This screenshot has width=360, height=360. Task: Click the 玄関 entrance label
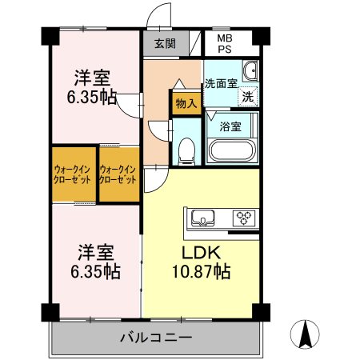coord(166,43)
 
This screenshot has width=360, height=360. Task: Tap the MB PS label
coord(225,44)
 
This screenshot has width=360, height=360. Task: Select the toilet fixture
coord(186,150)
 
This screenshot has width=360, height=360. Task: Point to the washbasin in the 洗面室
coord(250,70)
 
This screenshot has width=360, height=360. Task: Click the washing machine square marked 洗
coord(248,97)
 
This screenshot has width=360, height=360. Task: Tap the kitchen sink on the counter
coord(203,218)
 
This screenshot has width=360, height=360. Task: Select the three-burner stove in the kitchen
coord(244,218)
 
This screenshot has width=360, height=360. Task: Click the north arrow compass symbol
coord(305,334)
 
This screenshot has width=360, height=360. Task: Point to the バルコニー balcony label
coord(156,338)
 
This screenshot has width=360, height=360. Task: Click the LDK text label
coord(201,253)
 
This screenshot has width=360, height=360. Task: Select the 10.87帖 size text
coord(202,272)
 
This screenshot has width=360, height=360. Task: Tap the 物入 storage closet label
coord(186,103)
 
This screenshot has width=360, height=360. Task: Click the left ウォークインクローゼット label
coord(72,174)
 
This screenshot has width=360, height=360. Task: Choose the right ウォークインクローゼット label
coord(118,174)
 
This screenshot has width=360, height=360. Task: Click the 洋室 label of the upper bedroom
coord(92,78)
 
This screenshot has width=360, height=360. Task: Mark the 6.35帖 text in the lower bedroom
coord(95,271)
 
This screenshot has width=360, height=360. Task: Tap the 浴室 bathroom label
coord(230,126)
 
